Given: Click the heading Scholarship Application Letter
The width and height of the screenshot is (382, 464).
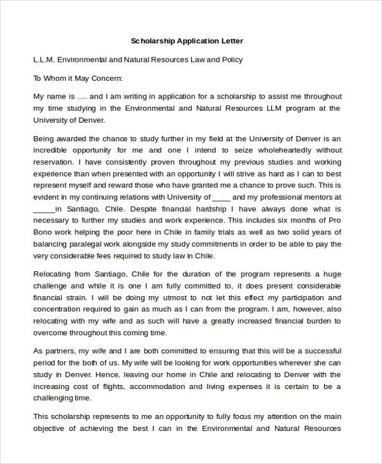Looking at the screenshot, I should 187,41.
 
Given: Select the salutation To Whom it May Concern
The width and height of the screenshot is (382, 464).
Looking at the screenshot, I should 77,78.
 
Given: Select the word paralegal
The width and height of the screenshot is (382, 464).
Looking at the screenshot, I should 84,244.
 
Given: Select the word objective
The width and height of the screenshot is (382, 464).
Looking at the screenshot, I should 52,428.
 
